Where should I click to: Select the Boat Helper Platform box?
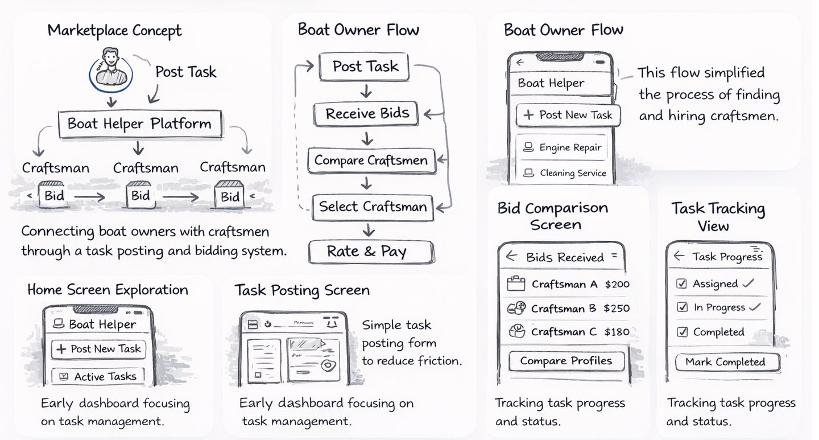pyautogui.click(x=139, y=124)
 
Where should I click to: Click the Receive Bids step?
pyautogui.click(x=367, y=114)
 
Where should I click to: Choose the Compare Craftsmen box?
pyautogui.click(x=371, y=161)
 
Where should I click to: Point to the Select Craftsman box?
pyautogui.click(x=373, y=207)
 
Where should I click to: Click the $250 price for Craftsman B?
pyautogui.click(x=617, y=309)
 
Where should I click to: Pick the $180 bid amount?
pyautogui.click(x=617, y=332)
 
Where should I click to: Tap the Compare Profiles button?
pyautogui.click(x=566, y=361)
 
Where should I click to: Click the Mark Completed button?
pyautogui.click(x=725, y=362)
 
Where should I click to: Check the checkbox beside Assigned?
pyautogui.click(x=682, y=283)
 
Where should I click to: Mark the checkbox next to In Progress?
pyautogui.click(x=682, y=307)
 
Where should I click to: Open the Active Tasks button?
pyautogui.click(x=98, y=376)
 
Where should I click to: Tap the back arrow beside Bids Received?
pyautogui.click(x=511, y=257)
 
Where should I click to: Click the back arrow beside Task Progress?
pyautogui.click(x=679, y=256)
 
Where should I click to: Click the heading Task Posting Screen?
pyautogui.click(x=302, y=290)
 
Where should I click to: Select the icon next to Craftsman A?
pyautogui.click(x=515, y=284)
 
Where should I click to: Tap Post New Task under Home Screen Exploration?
pyautogui.click(x=98, y=349)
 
